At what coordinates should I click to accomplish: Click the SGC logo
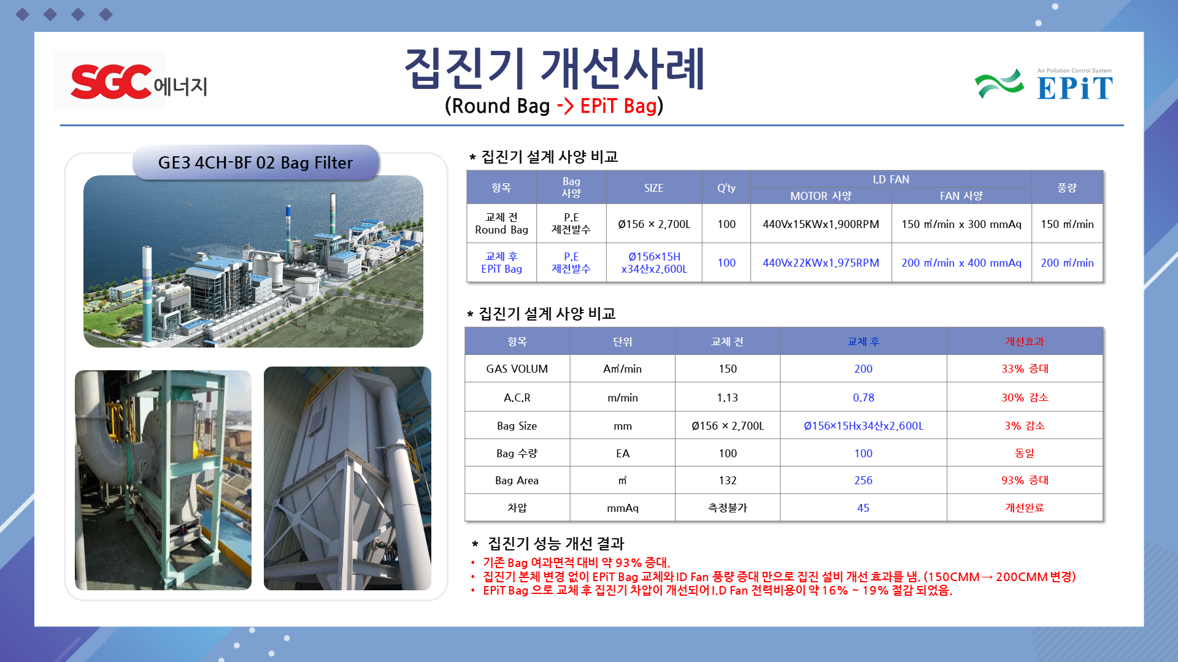111,82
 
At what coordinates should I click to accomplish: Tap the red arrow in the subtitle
565,106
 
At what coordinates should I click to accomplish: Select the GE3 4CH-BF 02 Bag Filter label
255,162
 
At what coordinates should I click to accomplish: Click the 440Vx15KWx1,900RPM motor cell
821,224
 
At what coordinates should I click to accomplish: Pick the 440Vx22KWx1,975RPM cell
821,263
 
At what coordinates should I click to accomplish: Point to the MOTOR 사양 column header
821,196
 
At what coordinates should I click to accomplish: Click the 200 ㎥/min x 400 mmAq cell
961,263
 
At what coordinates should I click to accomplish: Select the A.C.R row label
517,398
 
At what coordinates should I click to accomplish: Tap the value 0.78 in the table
863,398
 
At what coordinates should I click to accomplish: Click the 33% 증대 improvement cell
1025,369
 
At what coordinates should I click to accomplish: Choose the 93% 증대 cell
1025,481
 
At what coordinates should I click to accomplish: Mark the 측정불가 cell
728,508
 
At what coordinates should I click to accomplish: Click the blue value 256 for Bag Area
863,481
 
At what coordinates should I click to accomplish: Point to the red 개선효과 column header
1025,341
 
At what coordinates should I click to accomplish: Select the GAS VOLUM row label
517,369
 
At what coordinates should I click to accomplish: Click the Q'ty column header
726,188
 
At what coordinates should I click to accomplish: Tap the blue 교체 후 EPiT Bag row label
502,263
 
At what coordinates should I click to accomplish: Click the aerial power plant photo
253,262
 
